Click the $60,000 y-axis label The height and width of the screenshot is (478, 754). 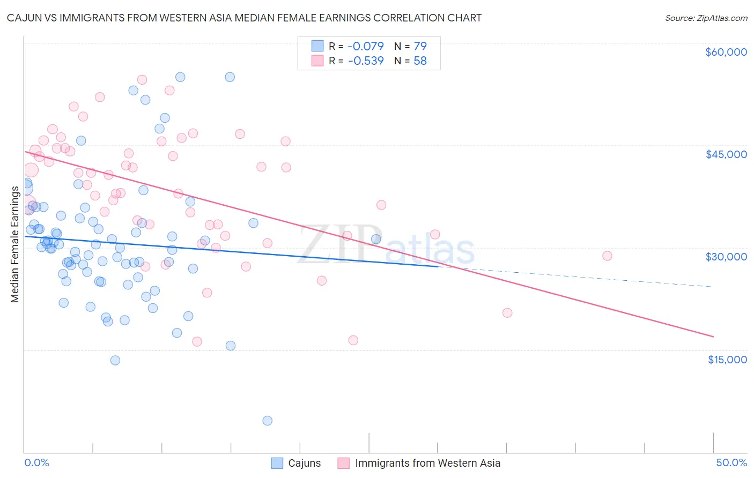[x=726, y=52]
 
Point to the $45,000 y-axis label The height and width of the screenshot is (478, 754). [x=726, y=154]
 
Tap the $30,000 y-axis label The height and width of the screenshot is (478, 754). [x=726, y=257]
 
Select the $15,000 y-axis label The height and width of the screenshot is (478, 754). [x=727, y=360]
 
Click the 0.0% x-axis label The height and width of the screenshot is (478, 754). [x=36, y=462]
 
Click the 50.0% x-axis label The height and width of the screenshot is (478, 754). [x=731, y=462]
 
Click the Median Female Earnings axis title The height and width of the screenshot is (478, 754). [x=14, y=244]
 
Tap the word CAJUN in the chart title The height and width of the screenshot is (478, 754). [x=25, y=18]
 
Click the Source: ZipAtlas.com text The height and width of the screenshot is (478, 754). [x=706, y=18]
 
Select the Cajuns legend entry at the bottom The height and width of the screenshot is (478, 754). [x=304, y=463]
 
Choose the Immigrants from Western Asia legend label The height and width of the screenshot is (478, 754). [x=427, y=463]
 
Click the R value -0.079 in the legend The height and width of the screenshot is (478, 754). [x=366, y=47]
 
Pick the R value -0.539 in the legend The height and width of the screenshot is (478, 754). [x=366, y=61]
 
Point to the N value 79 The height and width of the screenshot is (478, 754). [x=420, y=47]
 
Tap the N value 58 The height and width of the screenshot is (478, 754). [x=420, y=61]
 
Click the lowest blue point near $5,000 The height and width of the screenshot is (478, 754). [x=267, y=421]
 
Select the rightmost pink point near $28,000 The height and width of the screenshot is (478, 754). [x=607, y=256]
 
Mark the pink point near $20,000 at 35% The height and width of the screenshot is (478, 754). [x=507, y=313]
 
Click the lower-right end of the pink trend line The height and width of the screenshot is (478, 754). [x=713, y=337]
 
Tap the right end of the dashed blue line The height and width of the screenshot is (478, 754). [x=712, y=287]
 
